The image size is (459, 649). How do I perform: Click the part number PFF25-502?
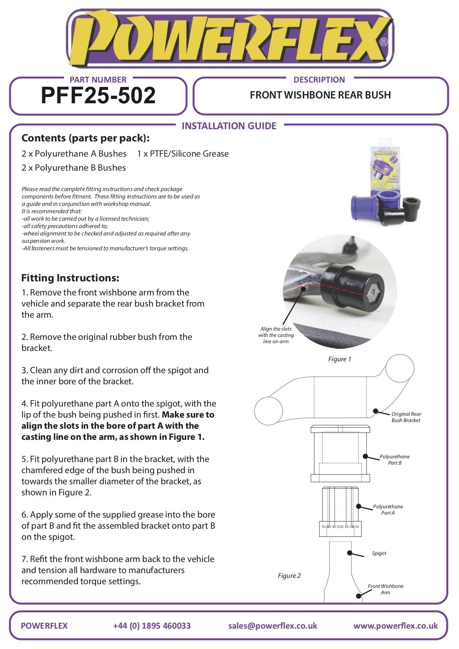[x=98, y=96]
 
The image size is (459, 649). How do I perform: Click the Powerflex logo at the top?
[x=229, y=39]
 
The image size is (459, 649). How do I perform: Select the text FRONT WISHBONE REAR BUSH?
[x=320, y=95]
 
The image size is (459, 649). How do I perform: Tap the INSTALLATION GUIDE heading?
[x=229, y=126]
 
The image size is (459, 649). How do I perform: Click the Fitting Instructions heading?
[x=70, y=278]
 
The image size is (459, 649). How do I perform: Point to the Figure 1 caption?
[x=339, y=359]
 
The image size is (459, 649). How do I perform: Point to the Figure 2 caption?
[x=289, y=576]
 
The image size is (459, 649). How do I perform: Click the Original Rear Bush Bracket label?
[x=406, y=417]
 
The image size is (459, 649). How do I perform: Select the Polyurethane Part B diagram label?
[x=395, y=460]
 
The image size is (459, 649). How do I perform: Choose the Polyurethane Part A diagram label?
[x=388, y=510]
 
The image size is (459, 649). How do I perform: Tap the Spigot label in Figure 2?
[x=379, y=553]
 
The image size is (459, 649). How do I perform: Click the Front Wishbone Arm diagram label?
[x=385, y=589]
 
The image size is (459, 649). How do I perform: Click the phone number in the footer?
[x=152, y=626]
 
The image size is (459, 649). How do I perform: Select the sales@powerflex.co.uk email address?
[x=272, y=626]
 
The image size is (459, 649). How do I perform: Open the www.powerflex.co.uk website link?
[x=395, y=626]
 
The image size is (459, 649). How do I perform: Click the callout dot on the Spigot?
[x=349, y=553]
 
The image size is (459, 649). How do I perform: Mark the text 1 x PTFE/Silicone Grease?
[x=183, y=154]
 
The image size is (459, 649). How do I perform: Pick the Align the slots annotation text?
[x=276, y=335]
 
